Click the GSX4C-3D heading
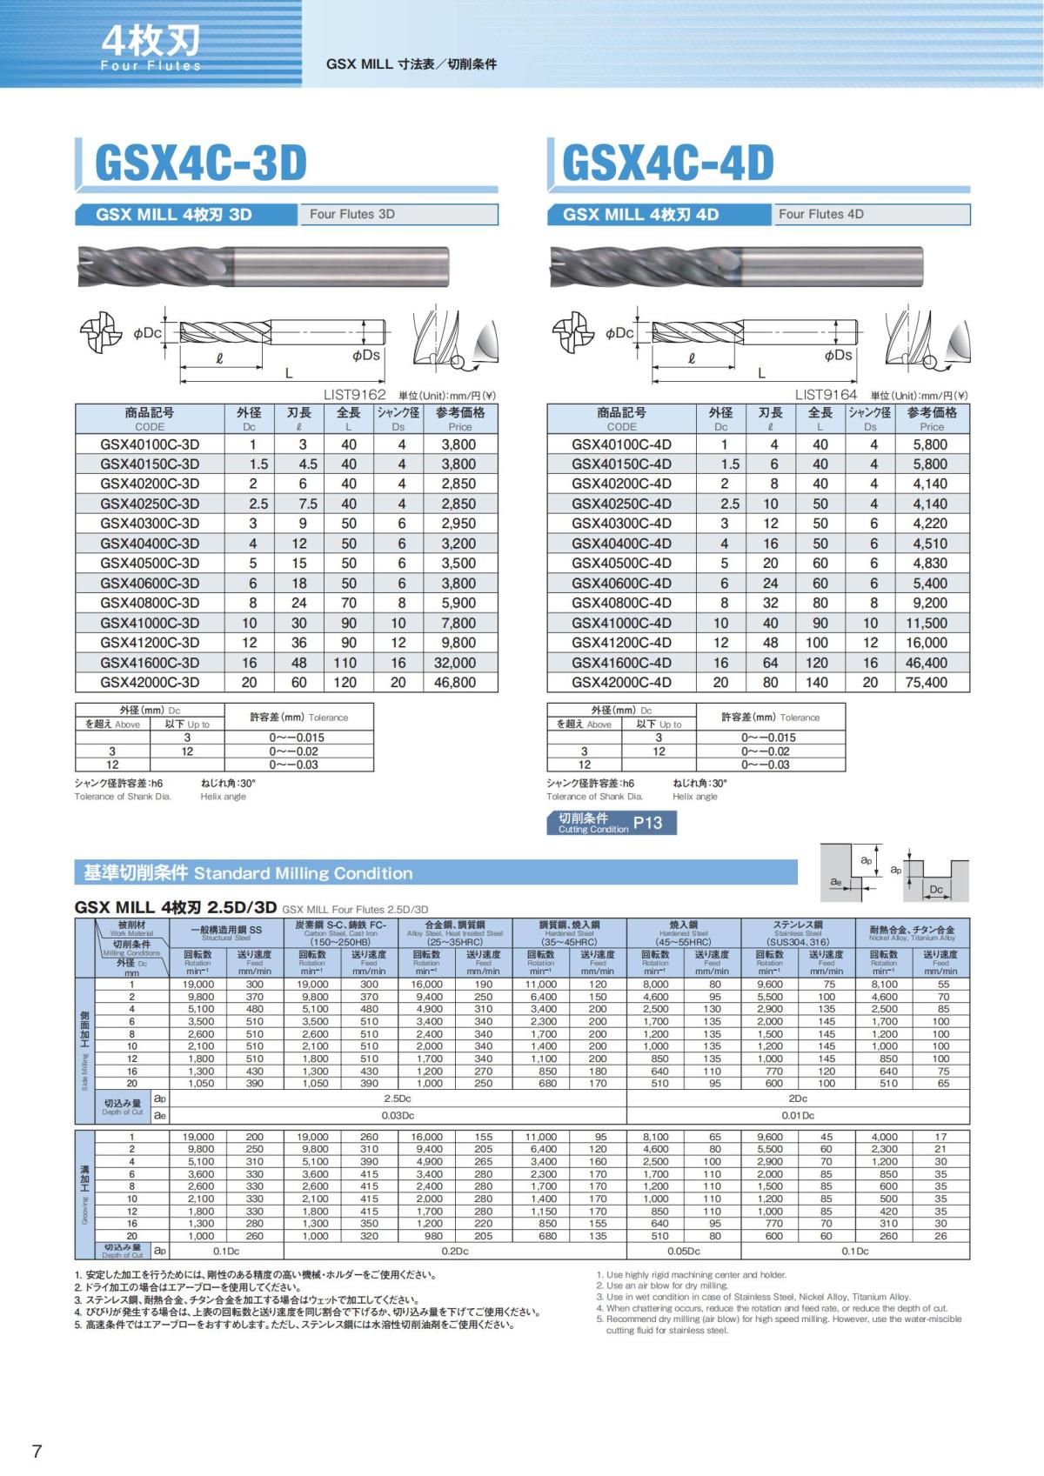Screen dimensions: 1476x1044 coord(201,163)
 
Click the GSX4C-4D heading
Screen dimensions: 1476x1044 coord(668,163)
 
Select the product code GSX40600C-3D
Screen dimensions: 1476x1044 coord(150,583)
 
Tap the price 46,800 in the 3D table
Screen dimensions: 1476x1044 coord(458,683)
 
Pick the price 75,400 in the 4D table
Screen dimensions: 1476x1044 coord(926,683)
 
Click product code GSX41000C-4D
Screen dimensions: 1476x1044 coord(621,623)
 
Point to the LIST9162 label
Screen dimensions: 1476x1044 coord(354,395)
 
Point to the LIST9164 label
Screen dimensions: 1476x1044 coord(826,395)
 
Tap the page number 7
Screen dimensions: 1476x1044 coord(37,1451)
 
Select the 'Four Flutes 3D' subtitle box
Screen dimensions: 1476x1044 coord(398,214)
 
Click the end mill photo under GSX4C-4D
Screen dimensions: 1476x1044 coord(735,267)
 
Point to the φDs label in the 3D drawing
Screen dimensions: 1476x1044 coord(366,355)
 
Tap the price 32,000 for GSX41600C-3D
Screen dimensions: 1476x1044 coord(458,663)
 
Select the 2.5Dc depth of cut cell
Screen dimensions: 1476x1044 coord(398,1099)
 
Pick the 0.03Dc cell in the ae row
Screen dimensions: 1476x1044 coord(398,1115)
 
